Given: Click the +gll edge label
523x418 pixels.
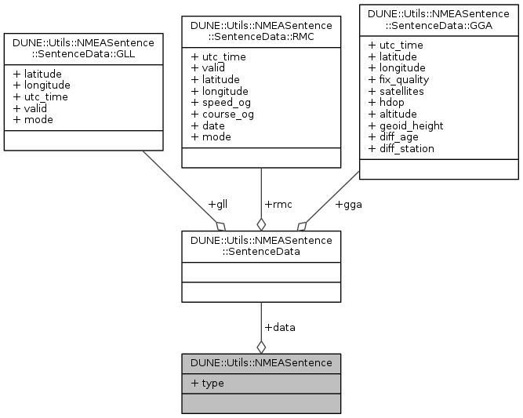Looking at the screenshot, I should [217, 205].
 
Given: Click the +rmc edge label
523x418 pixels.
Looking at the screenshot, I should [278, 205].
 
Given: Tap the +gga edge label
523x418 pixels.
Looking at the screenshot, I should [348, 205].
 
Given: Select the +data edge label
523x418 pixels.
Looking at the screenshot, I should [280, 327].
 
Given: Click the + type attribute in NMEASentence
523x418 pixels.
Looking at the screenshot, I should [207, 383].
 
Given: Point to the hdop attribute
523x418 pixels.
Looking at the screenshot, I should [390, 102].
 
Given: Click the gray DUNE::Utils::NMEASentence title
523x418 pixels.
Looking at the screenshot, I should [260, 362].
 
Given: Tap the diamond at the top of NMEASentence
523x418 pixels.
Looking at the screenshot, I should [261, 346].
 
